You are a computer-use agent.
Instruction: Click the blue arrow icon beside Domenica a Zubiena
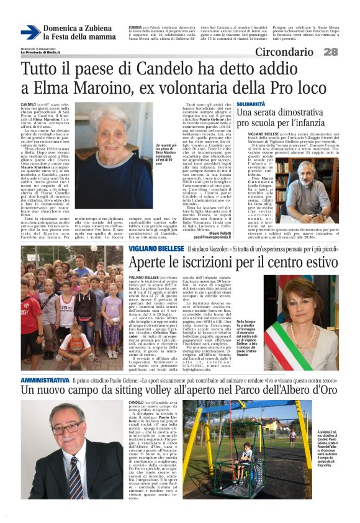(29, 32)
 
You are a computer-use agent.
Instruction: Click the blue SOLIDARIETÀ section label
(251, 104)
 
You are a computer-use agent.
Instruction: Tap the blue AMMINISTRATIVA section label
(45, 362)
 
